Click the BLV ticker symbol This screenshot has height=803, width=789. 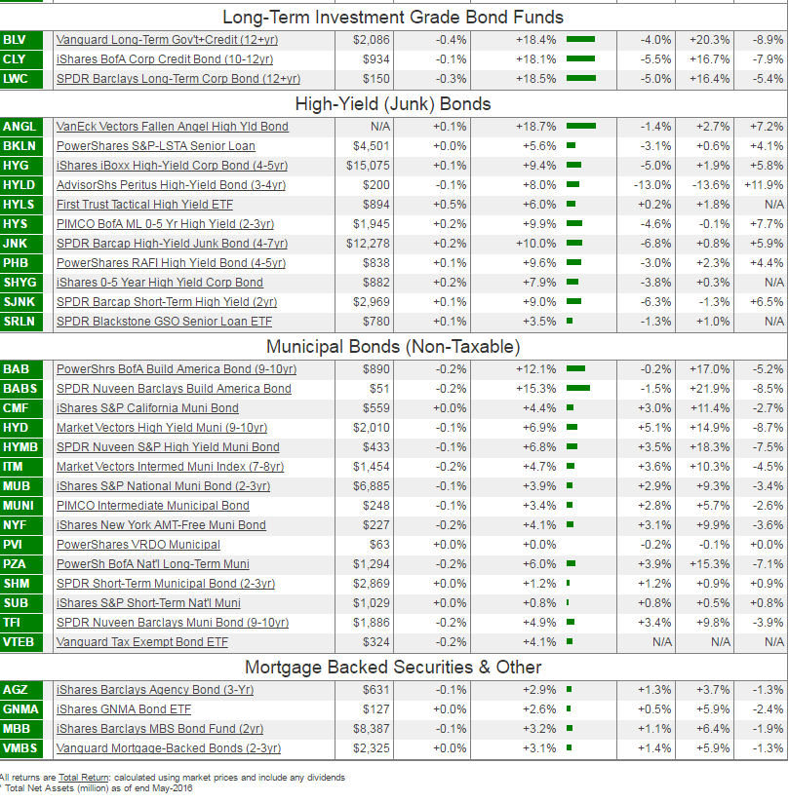[16, 40]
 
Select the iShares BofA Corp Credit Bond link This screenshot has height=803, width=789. [164, 59]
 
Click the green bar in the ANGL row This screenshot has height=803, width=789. [580, 127]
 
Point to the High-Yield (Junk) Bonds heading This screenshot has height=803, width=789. [393, 103]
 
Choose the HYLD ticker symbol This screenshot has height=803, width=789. [19, 185]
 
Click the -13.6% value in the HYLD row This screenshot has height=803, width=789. [709, 185]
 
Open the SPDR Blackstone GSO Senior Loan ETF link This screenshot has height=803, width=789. [164, 322]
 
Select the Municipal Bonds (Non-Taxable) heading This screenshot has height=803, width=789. [393, 346]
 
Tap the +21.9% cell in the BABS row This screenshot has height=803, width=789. [709, 389]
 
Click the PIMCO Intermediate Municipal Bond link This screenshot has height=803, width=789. [153, 506]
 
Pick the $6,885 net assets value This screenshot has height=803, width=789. [371, 486]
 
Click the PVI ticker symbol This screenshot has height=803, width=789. [13, 545]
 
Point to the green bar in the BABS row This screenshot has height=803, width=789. [577, 389]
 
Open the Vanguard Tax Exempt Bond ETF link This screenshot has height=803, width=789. [142, 642]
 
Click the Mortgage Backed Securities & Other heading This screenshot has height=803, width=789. [393, 667]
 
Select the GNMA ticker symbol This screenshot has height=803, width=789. [20, 709]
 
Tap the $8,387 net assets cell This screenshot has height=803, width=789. [371, 729]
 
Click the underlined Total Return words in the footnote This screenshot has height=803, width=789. [83, 778]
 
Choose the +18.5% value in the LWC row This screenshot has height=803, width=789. [535, 79]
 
